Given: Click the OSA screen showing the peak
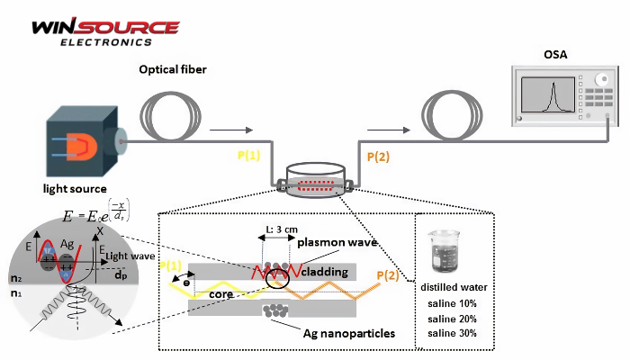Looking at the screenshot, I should click(548, 94).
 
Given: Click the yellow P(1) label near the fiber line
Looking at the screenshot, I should click(248, 155).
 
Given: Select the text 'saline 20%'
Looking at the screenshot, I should click(453, 318).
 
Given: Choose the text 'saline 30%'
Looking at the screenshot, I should click(453, 333).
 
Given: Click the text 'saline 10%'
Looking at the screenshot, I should click(453, 303).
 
